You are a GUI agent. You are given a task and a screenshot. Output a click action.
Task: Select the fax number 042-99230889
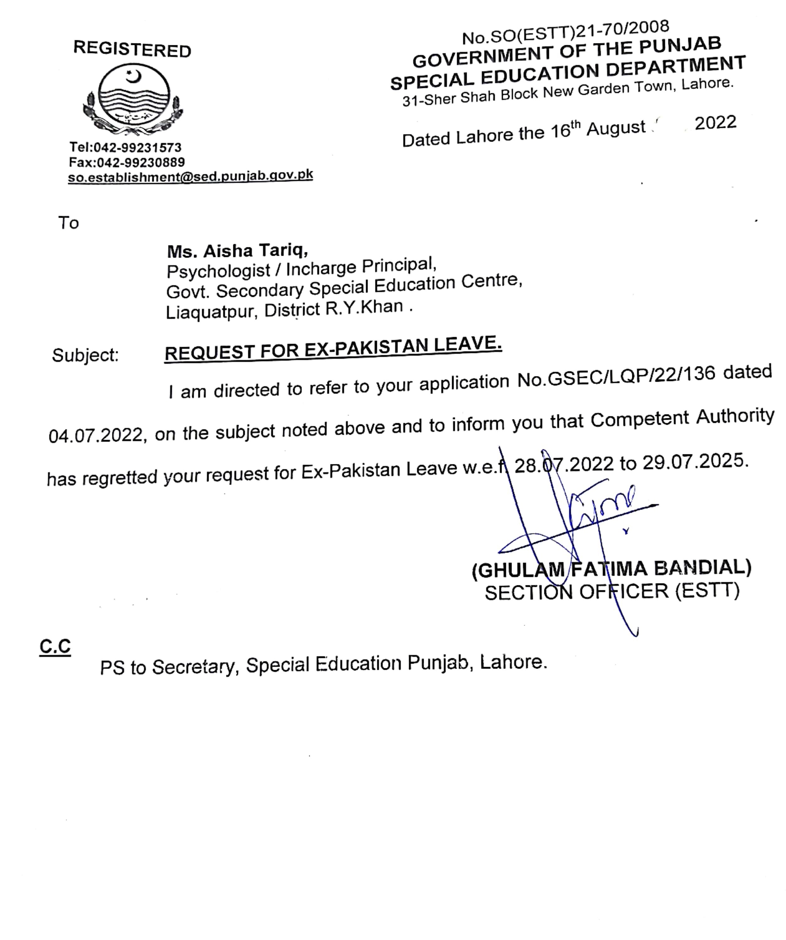pos(140,162)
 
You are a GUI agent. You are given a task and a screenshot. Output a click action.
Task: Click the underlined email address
pos(190,176)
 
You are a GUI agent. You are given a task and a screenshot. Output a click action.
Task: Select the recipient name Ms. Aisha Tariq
pos(237,251)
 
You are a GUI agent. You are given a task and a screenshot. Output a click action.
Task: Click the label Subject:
pos(85,355)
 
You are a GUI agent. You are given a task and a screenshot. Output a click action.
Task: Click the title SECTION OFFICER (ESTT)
pos(612,592)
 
